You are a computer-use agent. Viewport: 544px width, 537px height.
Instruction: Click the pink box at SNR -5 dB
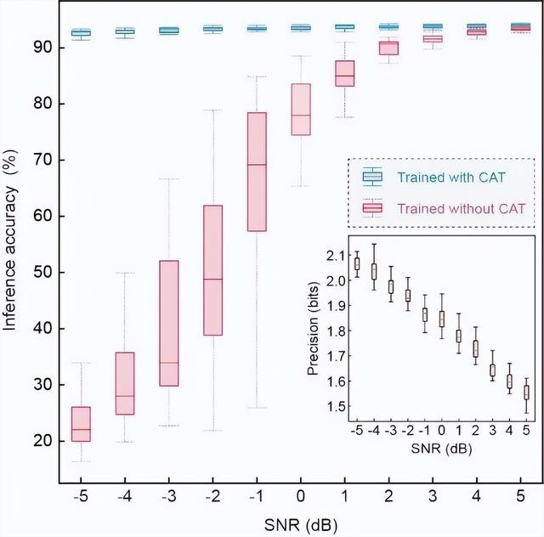click(81, 424)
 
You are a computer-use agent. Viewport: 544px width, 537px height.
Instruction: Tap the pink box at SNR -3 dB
click(168, 323)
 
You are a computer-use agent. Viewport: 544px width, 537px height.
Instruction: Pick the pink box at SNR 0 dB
click(301, 109)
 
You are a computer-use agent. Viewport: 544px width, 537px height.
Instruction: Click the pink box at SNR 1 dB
click(345, 73)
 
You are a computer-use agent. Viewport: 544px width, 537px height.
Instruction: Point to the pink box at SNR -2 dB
click(212, 270)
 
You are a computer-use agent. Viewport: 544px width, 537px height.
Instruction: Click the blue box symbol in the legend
click(371, 177)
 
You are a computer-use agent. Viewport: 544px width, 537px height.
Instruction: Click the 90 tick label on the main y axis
click(44, 48)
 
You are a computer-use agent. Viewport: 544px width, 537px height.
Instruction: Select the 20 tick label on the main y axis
click(44, 441)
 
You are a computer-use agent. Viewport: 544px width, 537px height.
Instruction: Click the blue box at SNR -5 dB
click(81, 33)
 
